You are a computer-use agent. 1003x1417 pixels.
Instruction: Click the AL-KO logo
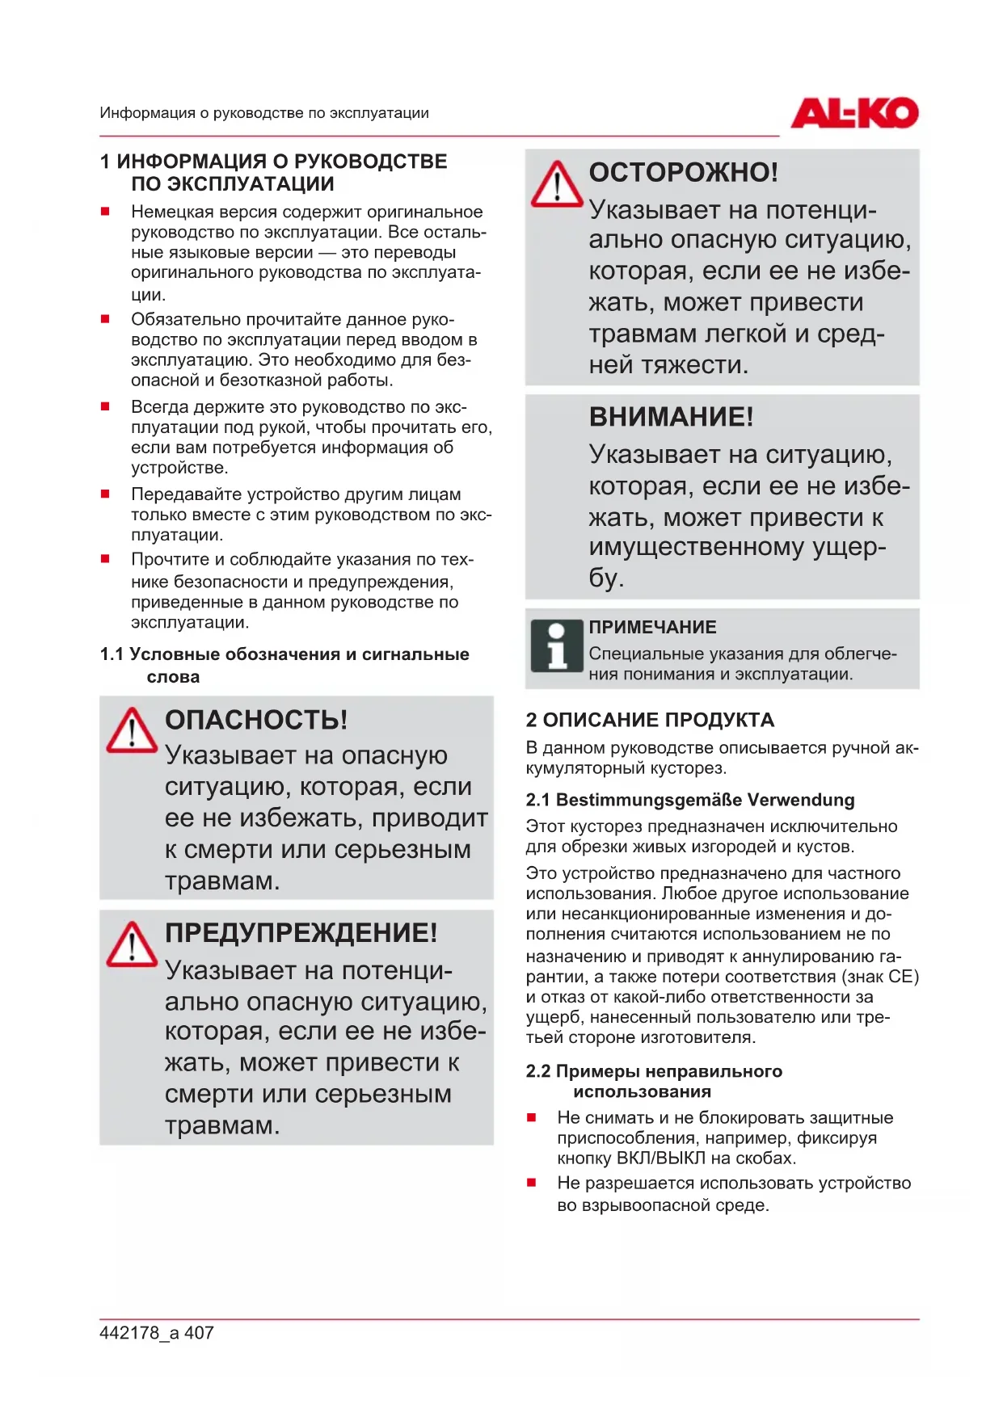tap(853, 113)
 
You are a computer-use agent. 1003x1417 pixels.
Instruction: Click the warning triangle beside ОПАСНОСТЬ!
tap(131, 730)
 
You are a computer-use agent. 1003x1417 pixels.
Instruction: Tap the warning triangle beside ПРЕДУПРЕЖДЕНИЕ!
tap(131, 944)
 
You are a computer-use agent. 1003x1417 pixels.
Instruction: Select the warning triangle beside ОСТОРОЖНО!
tap(556, 184)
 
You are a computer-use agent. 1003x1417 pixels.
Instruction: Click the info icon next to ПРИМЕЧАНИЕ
tap(556, 645)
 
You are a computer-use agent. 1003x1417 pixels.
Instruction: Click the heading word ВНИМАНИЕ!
tap(671, 417)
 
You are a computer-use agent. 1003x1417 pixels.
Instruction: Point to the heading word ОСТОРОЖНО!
tap(683, 172)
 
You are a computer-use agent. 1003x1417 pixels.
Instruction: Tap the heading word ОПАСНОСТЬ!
tap(256, 720)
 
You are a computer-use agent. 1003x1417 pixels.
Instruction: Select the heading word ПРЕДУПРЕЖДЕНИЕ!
tap(301, 933)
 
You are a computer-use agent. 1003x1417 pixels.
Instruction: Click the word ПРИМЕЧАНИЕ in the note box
tap(652, 627)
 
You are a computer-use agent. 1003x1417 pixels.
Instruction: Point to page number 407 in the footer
tap(199, 1333)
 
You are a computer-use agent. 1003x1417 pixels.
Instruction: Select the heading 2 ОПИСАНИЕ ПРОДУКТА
tap(650, 720)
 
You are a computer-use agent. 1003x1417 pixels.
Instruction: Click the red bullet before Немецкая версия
tap(105, 212)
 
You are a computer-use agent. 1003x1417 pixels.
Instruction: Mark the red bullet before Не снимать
tap(531, 1117)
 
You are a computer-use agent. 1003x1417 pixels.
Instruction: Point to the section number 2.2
tap(537, 1071)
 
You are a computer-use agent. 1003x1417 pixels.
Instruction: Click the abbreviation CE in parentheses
tap(900, 977)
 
